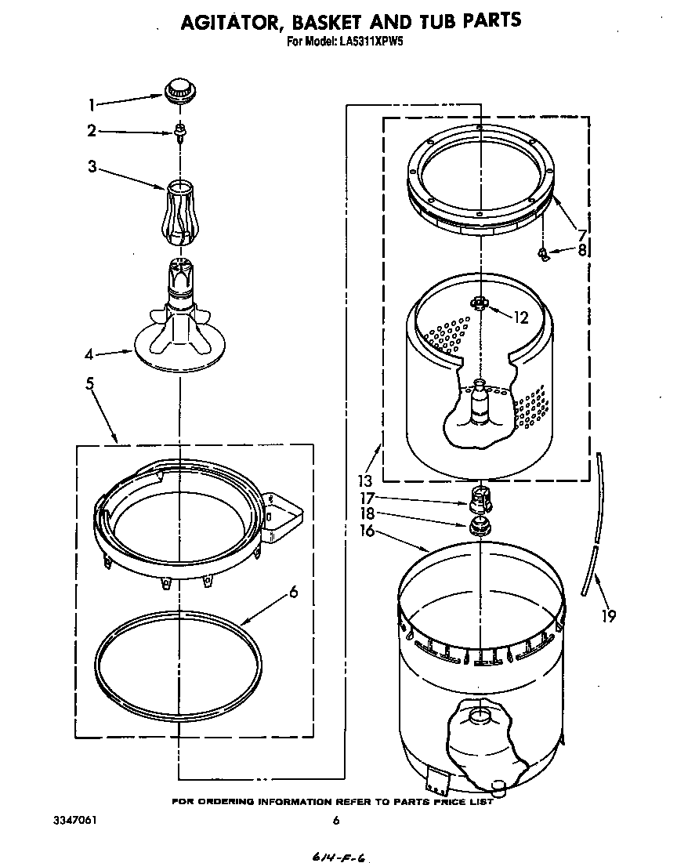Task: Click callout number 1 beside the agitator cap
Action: [92, 103]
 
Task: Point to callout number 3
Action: [92, 166]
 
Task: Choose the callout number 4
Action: [90, 354]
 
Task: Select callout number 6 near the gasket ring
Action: [293, 592]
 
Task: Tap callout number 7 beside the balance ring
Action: [581, 234]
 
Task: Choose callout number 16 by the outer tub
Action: [365, 531]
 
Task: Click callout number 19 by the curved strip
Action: [607, 616]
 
